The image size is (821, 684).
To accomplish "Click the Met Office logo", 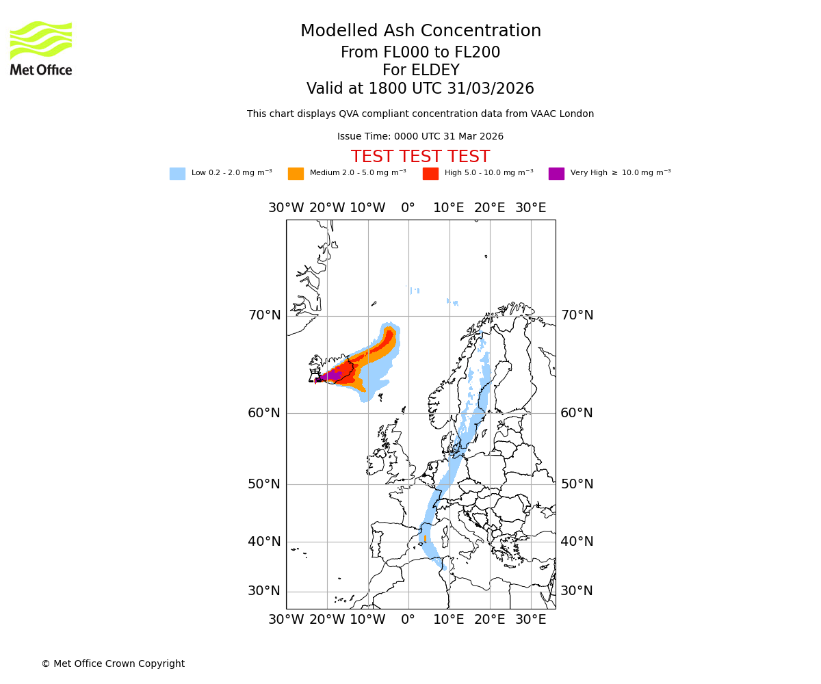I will tap(41, 48).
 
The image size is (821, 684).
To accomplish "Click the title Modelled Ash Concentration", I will tap(420, 31).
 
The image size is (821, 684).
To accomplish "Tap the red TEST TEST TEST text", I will tap(420, 157).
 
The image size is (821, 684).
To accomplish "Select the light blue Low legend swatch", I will tap(177, 174).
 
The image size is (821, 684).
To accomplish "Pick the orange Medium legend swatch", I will tap(296, 174).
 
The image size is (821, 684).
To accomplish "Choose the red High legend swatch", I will tap(430, 174).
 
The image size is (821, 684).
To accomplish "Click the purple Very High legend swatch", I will tap(556, 174).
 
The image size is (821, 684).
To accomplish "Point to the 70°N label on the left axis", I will tap(264, 315).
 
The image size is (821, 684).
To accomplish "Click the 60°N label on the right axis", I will tap(577, 413).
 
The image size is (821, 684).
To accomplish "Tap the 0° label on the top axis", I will tap(408, 208).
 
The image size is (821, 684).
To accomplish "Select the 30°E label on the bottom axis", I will tap(530, 620).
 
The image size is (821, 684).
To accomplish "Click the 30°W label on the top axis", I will tap(286, 208).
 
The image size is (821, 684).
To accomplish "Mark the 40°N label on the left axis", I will tap(264, 542).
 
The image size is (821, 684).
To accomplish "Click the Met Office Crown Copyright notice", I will tap(113, 663).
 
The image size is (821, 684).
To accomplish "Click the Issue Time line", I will tap(420, 137).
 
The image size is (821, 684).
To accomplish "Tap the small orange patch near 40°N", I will tap(425, 539).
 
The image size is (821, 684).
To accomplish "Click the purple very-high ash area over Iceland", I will tap(331, 376).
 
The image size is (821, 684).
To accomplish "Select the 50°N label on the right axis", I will tap(577, 484).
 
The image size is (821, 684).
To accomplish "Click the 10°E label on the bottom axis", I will tap(449, 620).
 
